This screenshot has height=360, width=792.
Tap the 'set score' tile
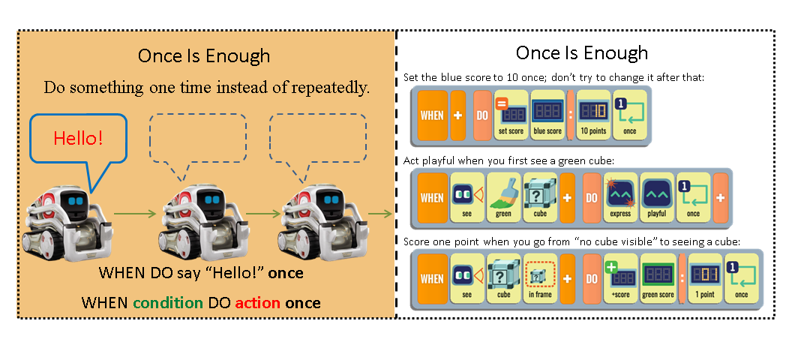[509, 117]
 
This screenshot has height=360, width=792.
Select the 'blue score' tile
[548, 117]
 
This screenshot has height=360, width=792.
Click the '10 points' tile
[593, 117]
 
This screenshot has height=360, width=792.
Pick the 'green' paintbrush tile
[503, 197]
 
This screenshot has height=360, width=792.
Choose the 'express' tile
[619, 197]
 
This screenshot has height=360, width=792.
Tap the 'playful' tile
[657, 197]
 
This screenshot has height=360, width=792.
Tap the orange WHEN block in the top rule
[432, 117]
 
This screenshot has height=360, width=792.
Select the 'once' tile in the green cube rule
[693, 197]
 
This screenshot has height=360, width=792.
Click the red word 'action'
[257, 303]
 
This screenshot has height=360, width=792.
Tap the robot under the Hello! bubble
[70, 222]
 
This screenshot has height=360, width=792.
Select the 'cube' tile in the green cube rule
[540, 197]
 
